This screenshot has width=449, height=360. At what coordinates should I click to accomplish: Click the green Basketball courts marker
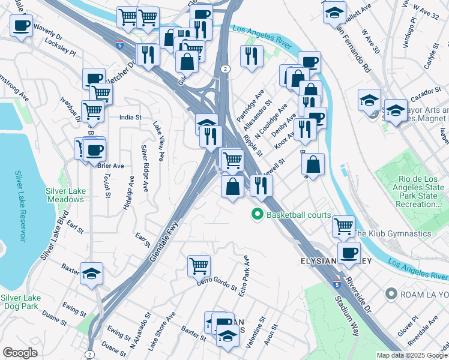tap(258, 214)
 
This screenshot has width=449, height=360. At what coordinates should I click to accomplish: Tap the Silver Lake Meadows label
tap(65, 195)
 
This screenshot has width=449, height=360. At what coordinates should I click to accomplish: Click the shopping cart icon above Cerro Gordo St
tap(199, 265)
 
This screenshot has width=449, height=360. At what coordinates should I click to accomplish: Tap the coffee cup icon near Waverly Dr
tap(22, 26)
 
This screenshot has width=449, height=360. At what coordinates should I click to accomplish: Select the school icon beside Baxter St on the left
tap(91, 274)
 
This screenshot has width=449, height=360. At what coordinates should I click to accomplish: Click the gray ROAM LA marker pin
tap(391, 294)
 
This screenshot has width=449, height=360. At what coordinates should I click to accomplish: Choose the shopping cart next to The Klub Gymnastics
tap(343, 226)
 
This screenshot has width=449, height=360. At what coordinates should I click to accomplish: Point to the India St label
tap(130, 118)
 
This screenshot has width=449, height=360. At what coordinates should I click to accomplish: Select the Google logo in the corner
tap(20, 353)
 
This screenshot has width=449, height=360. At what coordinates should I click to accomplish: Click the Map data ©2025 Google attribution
tap(412, 355)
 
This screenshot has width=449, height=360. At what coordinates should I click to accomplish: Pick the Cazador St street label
tap(426, 94)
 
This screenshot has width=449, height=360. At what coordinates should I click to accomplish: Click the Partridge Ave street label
tap(251, 107)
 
